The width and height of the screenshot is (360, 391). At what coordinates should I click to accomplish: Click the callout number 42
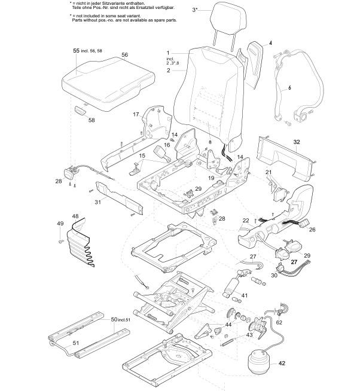[282, 363]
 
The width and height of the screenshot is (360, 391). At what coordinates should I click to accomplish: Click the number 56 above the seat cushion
[124, 54]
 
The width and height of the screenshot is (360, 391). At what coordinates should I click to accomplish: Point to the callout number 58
[91, 120]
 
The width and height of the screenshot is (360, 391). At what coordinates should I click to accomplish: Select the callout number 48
[75, 216]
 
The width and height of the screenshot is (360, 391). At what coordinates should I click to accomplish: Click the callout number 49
[60, 223]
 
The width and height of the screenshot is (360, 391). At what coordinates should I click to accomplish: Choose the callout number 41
[244, 295]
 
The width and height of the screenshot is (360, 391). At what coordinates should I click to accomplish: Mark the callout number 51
[75, 342]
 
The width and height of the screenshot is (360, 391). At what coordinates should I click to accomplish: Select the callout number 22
[245, 221]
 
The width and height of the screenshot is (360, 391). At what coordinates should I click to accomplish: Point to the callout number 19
[210, 178]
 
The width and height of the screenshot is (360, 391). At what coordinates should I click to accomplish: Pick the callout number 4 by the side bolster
[270, 44]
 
